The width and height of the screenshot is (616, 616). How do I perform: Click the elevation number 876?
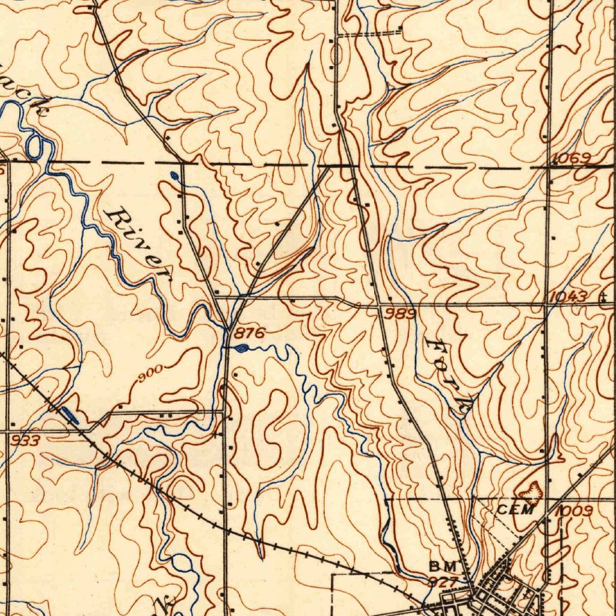[x=250, y=333]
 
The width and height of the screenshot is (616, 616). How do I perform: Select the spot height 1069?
[x=568, y=158]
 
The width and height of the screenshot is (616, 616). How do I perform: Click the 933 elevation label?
[x=26, y=441]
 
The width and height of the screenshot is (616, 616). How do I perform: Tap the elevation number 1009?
[x=574, y=511]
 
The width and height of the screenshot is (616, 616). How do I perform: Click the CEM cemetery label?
[x=516, y=510]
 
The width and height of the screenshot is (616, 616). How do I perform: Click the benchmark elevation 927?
[x=443, y=581]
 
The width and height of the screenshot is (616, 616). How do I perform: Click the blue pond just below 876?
[x=241, y=348]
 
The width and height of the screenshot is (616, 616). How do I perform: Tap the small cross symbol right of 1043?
[x=603, y=296]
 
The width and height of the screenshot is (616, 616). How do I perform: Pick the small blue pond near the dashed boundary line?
[x=174, y=176]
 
